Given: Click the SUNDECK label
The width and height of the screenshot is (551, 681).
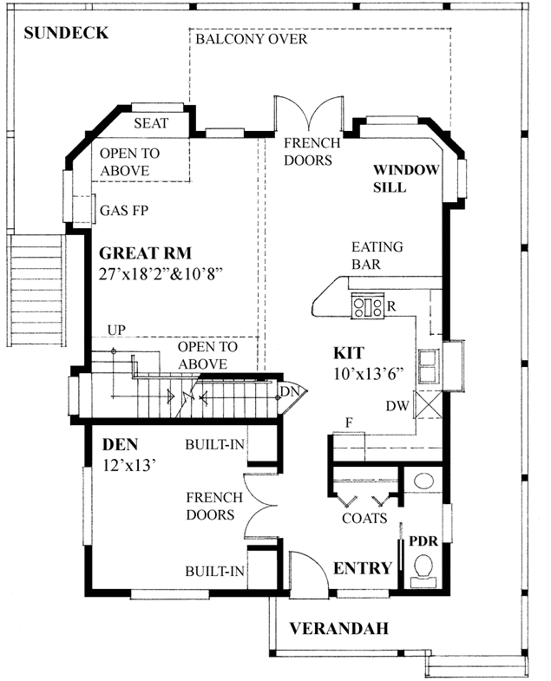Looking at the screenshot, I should [66, 34].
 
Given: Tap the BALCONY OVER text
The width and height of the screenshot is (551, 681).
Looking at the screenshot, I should [251, 40].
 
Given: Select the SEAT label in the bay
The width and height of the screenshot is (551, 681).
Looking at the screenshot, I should [151, 124].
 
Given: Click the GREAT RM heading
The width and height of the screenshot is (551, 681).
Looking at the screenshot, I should [144, 254].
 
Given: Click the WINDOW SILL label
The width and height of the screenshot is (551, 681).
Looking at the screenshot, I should [407, 178].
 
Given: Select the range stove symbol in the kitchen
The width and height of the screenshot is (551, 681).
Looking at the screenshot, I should [367, 305].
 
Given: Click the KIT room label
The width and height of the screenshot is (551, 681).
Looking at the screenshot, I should [349, 353].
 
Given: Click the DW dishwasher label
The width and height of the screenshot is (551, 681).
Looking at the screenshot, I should [397, 406].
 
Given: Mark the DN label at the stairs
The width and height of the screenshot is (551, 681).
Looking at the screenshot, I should [289, 392].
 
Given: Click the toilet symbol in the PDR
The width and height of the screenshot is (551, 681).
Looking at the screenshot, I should [424, 569].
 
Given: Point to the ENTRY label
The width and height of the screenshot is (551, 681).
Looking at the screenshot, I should [363, 568].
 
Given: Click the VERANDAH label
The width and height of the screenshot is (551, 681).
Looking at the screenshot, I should [338, 628].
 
